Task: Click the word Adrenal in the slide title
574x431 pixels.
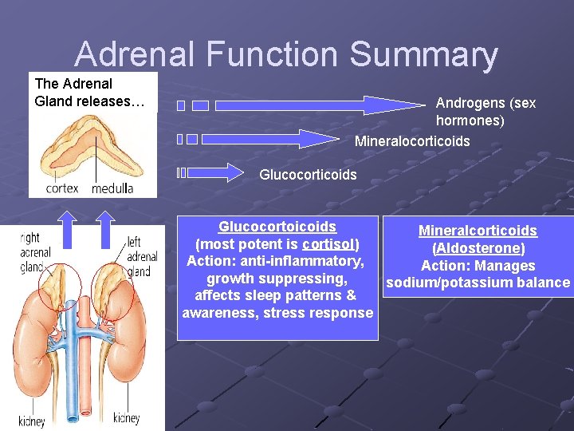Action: pos(135,54)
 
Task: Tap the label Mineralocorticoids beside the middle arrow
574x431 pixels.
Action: pos(412,141)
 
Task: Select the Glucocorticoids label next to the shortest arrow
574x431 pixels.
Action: pos(308,174)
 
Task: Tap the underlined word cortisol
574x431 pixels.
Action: pos(329,243)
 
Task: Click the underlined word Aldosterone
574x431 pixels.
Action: pos(478,248)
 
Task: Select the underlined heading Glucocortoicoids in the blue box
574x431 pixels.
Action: pos(277,227)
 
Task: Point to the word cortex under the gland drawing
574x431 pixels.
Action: pos(62,188)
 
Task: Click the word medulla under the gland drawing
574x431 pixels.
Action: pos(112,188)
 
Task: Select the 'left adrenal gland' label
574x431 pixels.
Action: pos(142,256)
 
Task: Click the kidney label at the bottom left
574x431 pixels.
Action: pos(32,421)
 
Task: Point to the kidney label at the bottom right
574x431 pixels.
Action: pos(126,417)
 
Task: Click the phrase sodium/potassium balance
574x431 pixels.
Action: pos(478,283)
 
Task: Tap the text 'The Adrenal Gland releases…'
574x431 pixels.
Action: pos(84,93)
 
